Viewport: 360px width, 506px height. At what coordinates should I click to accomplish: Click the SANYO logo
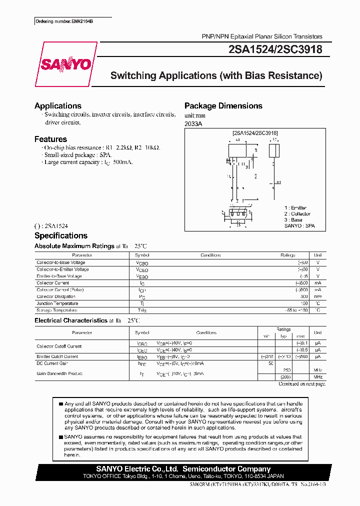click(x=65, y=64)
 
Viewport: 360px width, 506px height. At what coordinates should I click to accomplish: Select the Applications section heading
click(x=57, y=106)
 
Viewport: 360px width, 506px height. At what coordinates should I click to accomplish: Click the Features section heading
click(x=50, y=139)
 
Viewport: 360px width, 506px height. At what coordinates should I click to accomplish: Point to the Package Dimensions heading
click(x=223, y=106)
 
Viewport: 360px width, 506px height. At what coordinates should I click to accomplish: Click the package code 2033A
click(x=193, y=123)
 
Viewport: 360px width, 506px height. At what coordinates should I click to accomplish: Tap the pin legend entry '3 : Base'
click(x=293, y=220)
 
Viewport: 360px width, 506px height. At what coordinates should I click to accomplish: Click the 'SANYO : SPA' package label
click(x=299, y=226)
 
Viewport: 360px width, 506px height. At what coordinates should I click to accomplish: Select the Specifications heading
click(x=60, y=236)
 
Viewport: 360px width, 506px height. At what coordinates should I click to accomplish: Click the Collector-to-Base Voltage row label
click(x=60, y=262)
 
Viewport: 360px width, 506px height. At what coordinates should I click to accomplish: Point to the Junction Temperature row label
click(x=57, y=303)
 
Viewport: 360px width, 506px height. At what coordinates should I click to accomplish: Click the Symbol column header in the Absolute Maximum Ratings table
click(x=142, y=255)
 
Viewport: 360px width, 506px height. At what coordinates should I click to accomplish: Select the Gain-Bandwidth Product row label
click(x=59, y=373)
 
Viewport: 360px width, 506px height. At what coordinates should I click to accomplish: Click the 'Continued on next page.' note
click(x=301, y=384)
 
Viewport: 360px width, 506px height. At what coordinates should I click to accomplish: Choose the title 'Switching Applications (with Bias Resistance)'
click(x=216, y=76)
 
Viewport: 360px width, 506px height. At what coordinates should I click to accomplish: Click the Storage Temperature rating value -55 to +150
click(x=287, y=310)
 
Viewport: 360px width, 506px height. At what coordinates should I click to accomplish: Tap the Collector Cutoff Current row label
click(x=58, y=346)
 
